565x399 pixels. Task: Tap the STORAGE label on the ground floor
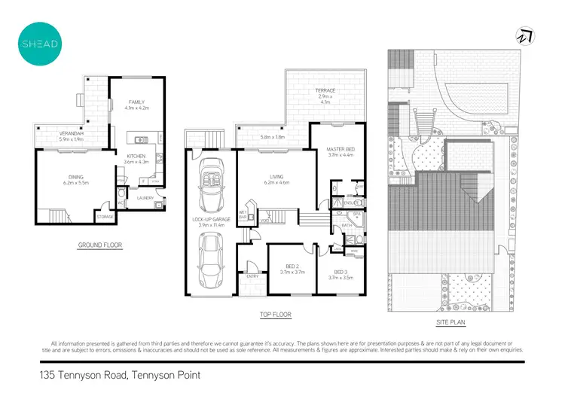pos(105,217)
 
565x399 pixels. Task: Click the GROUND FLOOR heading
pos(100,245)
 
